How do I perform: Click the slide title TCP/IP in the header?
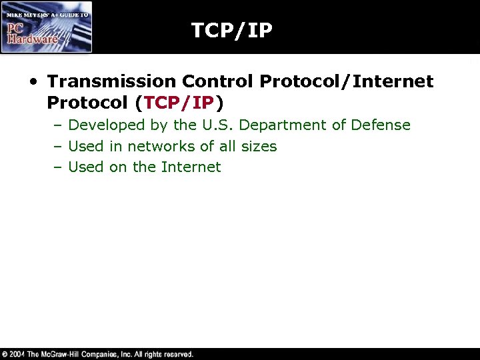click(231, 30)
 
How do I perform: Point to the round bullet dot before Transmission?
click(33, 83)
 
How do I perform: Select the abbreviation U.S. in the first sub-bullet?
click(221, 125)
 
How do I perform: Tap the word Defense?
click(383, 125)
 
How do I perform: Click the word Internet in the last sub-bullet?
click(191, 167)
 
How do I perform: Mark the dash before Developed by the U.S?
click(58, 125)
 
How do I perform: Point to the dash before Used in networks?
click(58, 146)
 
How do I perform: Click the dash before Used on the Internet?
click(58, 167)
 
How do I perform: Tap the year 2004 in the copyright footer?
click(18, 354)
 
